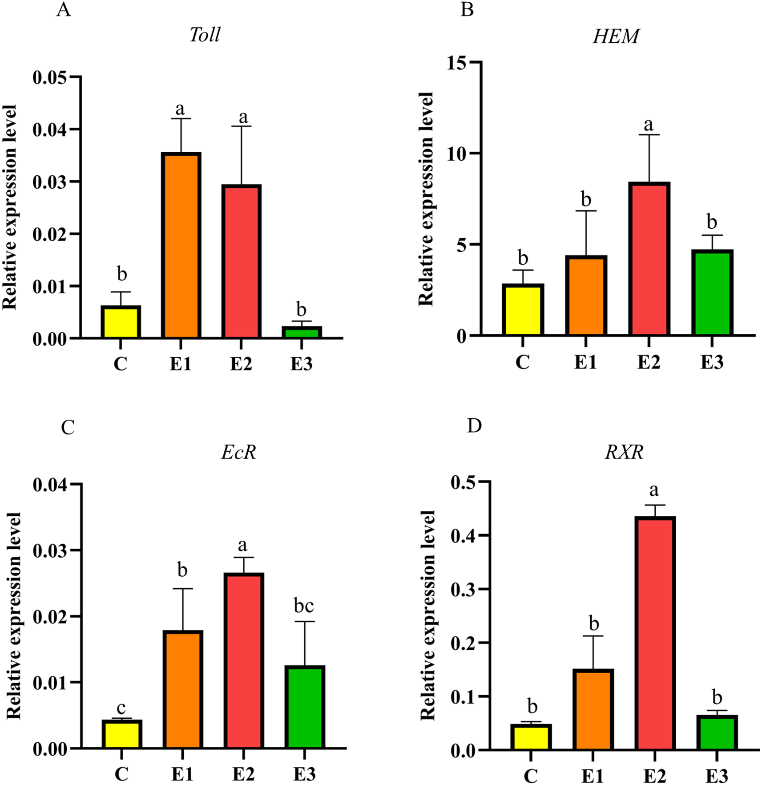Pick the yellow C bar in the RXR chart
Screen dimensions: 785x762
coord(531,737)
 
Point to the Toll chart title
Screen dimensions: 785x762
coord(205,35)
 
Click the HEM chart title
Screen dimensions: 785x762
coord(616,36)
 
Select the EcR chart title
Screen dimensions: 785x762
coord(239,453)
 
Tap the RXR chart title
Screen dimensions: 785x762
coord(624,452)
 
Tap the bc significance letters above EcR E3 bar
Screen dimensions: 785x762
coord(304,606)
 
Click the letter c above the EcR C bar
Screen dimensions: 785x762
coord(121,708)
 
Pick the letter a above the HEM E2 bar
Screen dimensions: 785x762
coord(649,125)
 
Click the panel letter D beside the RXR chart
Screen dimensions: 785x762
coord(475,426)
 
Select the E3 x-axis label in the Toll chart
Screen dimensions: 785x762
coord(302,364)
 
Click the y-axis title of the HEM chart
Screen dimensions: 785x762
coord(426,199)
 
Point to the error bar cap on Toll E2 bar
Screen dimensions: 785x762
coord(241,126)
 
